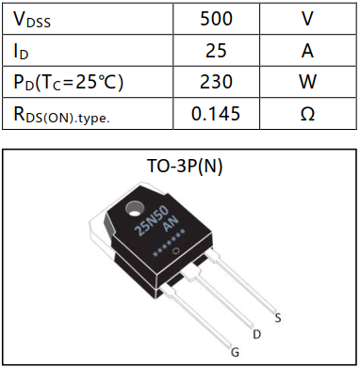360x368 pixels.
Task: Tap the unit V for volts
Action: point(306,18)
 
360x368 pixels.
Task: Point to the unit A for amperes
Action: point(306,50)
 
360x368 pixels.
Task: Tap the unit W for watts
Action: point(306,82)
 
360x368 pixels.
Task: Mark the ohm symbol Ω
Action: point(306,114)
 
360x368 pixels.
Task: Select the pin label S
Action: point(277,317)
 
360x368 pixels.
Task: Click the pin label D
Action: point(256,334)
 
